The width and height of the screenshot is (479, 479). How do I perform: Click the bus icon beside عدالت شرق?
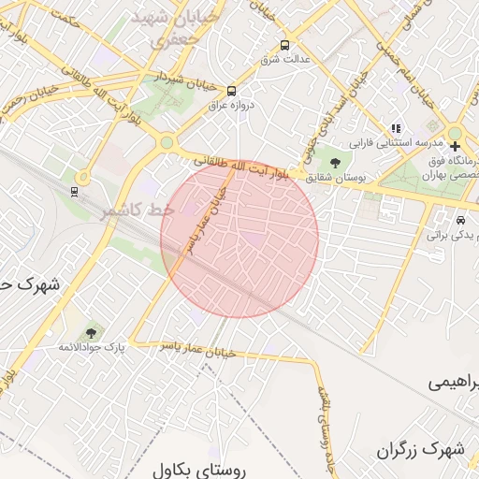point(284,45)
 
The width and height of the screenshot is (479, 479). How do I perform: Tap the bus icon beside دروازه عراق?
point(231,91)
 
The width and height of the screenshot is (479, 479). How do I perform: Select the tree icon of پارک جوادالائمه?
point(91,332)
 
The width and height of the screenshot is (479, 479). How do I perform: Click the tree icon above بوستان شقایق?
point(335,160)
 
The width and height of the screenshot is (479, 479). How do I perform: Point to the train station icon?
point(74,191)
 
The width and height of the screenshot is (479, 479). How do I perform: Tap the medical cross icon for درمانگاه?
point(455,146)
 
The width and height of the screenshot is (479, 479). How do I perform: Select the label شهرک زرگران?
point(421,450)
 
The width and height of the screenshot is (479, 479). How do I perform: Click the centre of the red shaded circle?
point(239,239)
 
